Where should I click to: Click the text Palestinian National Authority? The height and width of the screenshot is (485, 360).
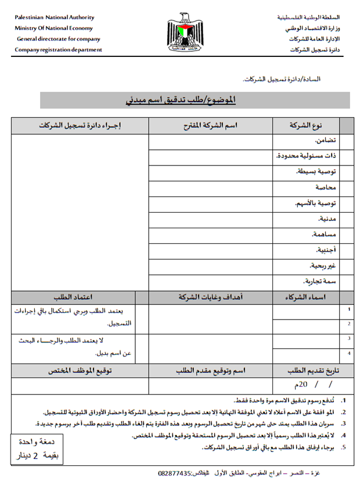pos(55,17)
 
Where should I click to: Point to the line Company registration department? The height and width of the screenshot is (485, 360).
pos(58,50)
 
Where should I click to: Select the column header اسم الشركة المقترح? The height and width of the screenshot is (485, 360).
pos(210,126)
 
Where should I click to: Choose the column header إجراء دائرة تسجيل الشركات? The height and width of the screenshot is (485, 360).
pos(80,126)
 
